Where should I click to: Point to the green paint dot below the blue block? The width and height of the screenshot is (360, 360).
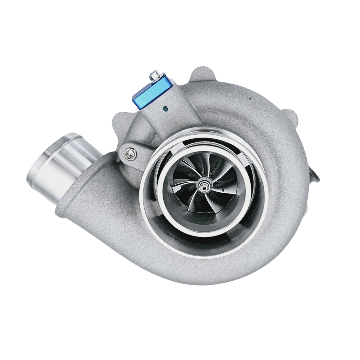pos(165,107)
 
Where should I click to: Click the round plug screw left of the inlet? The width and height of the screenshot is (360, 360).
pos(130,154)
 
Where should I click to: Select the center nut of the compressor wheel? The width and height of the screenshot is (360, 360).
pos(203,186)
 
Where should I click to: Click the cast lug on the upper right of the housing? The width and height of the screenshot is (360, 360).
pos(290,117)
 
